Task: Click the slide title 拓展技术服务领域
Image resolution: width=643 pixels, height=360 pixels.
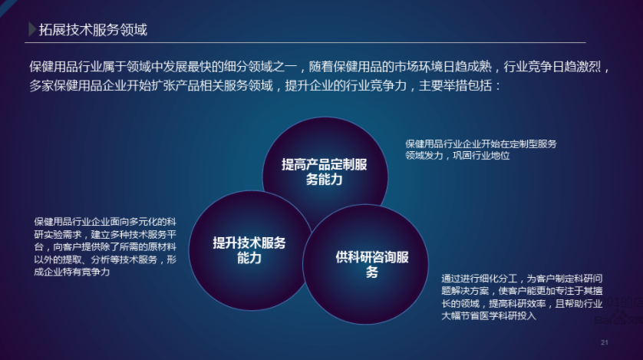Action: [93, 29]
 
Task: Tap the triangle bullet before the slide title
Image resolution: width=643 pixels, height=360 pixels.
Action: [31, 29]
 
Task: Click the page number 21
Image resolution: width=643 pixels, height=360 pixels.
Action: [605, 342]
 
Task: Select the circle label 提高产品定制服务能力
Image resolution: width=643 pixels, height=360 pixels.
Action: [324, 172]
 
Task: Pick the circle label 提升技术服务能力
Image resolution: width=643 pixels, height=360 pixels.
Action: [249, 250]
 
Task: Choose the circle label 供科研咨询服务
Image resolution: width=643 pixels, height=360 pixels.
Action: [372, 265]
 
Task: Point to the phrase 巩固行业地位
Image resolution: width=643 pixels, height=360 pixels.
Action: [481, 156]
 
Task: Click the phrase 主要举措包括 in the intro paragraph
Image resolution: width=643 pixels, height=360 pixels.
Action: [455, 86]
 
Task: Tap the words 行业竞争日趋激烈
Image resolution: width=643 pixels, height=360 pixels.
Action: [552, 67]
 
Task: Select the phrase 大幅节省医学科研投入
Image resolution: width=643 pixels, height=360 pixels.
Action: [489, 315]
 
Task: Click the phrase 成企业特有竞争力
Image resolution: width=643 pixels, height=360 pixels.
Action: [72, 272]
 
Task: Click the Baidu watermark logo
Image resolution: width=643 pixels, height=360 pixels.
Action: [618, 319]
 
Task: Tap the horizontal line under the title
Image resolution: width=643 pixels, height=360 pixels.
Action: [305, 42]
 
